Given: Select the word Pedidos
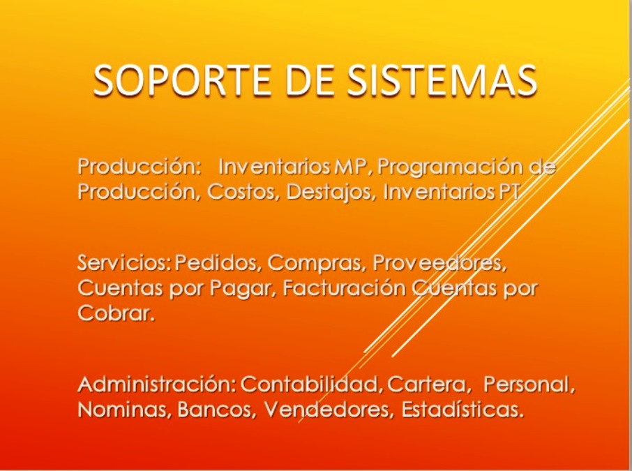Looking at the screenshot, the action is coord(218,263).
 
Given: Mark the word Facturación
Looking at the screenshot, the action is coord(344,288).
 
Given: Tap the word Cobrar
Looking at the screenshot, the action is coord(116,313).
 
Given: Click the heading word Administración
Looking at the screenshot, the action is coord(156,384).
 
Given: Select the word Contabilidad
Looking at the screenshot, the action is coord(312,384).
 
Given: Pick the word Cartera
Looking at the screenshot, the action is coord(429,384).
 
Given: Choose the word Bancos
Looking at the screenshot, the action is coord(217,410).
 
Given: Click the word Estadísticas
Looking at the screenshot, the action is coord(462,409).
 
